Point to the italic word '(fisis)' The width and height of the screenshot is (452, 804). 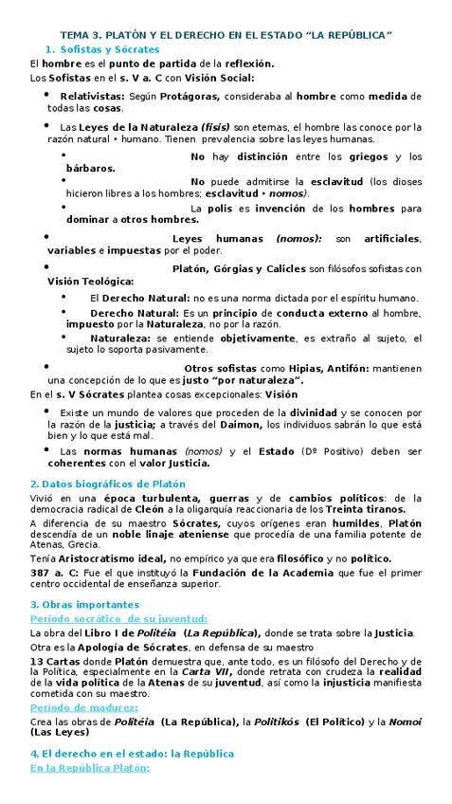[214, 126]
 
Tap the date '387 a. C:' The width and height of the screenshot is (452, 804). [51, 574]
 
